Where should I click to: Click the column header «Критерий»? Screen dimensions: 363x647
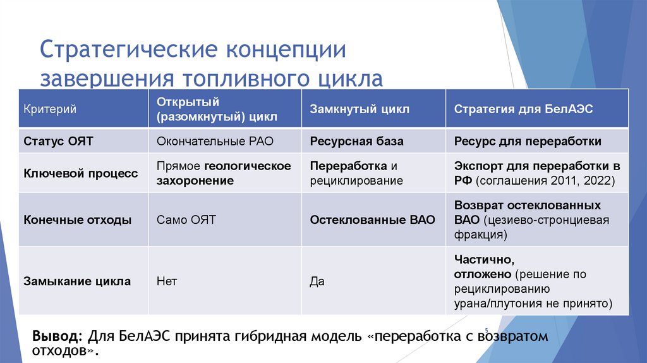coord(50,109)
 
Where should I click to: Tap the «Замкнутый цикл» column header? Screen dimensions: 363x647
coord(359,109)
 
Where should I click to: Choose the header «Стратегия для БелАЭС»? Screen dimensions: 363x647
coord(523,109)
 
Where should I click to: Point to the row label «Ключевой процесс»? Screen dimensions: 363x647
coord(80,173)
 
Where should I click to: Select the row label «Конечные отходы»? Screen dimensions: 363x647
coord(77,220)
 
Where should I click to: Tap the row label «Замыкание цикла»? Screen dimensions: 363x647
coord(77,281)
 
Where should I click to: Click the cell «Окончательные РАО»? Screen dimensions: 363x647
coord(215,142)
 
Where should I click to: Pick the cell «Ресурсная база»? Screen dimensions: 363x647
coord(356,142)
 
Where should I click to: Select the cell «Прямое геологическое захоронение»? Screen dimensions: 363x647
coord(224,173)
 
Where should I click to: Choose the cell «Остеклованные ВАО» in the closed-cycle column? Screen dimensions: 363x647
coord(372,220)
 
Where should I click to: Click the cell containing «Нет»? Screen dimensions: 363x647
coord(167,281)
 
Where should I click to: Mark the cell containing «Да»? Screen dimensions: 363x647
coord(317,281)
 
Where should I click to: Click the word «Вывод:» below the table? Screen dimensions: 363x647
coord(57,336)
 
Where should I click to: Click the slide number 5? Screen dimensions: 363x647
coord(487,329)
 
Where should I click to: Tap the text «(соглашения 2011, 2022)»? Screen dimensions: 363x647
coord(546,181)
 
